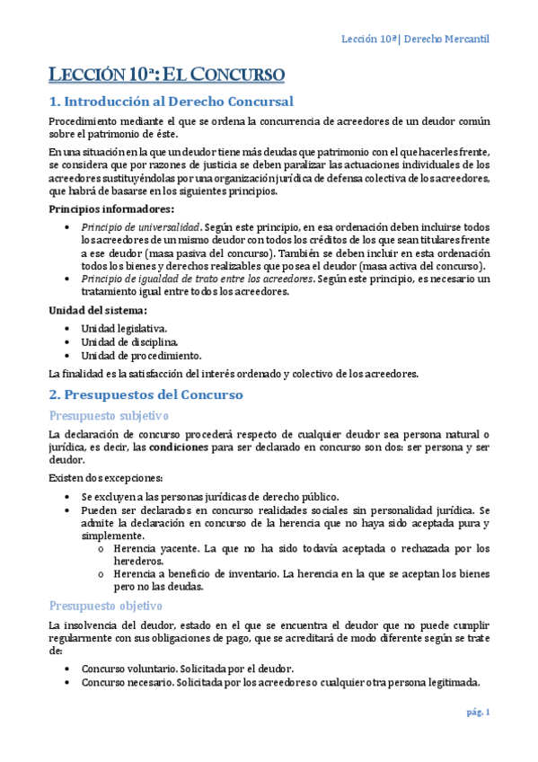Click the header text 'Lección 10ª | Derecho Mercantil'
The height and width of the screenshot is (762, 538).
click(x=417, y=40)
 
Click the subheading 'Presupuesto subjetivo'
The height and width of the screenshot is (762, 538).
click(x=107, y=415)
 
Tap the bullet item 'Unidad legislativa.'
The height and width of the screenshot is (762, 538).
click(x=124, y=329)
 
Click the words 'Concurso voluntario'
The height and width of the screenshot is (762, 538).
click(x=128, y=669)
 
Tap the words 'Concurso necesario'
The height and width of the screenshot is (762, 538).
click(x=128, y=682)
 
